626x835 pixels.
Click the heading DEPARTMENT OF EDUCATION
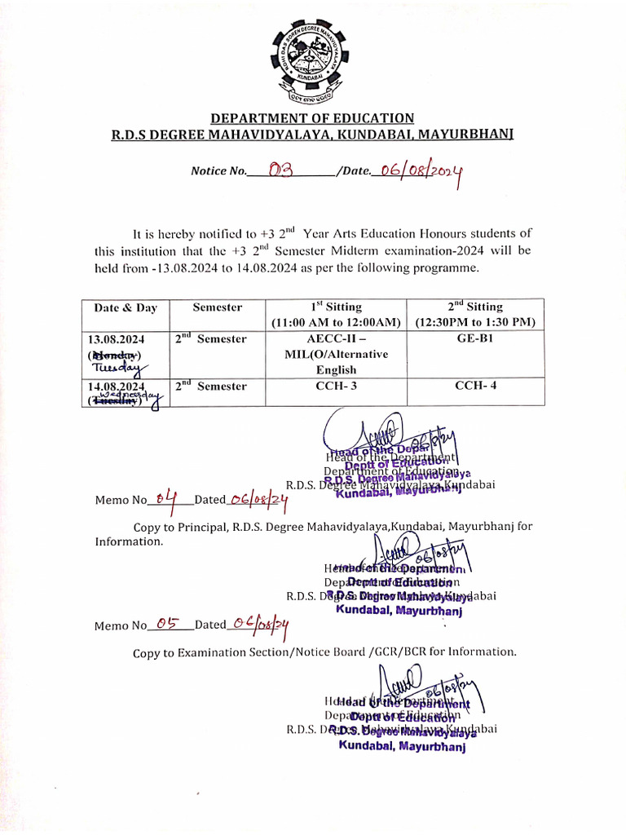pos(313,118)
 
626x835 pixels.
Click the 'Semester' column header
pos(217,307)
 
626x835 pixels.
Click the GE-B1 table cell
pos(475,338)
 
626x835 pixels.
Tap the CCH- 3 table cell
pos(336,387)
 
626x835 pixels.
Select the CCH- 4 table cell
pos(475,387)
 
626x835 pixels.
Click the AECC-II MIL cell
pos(336,354)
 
